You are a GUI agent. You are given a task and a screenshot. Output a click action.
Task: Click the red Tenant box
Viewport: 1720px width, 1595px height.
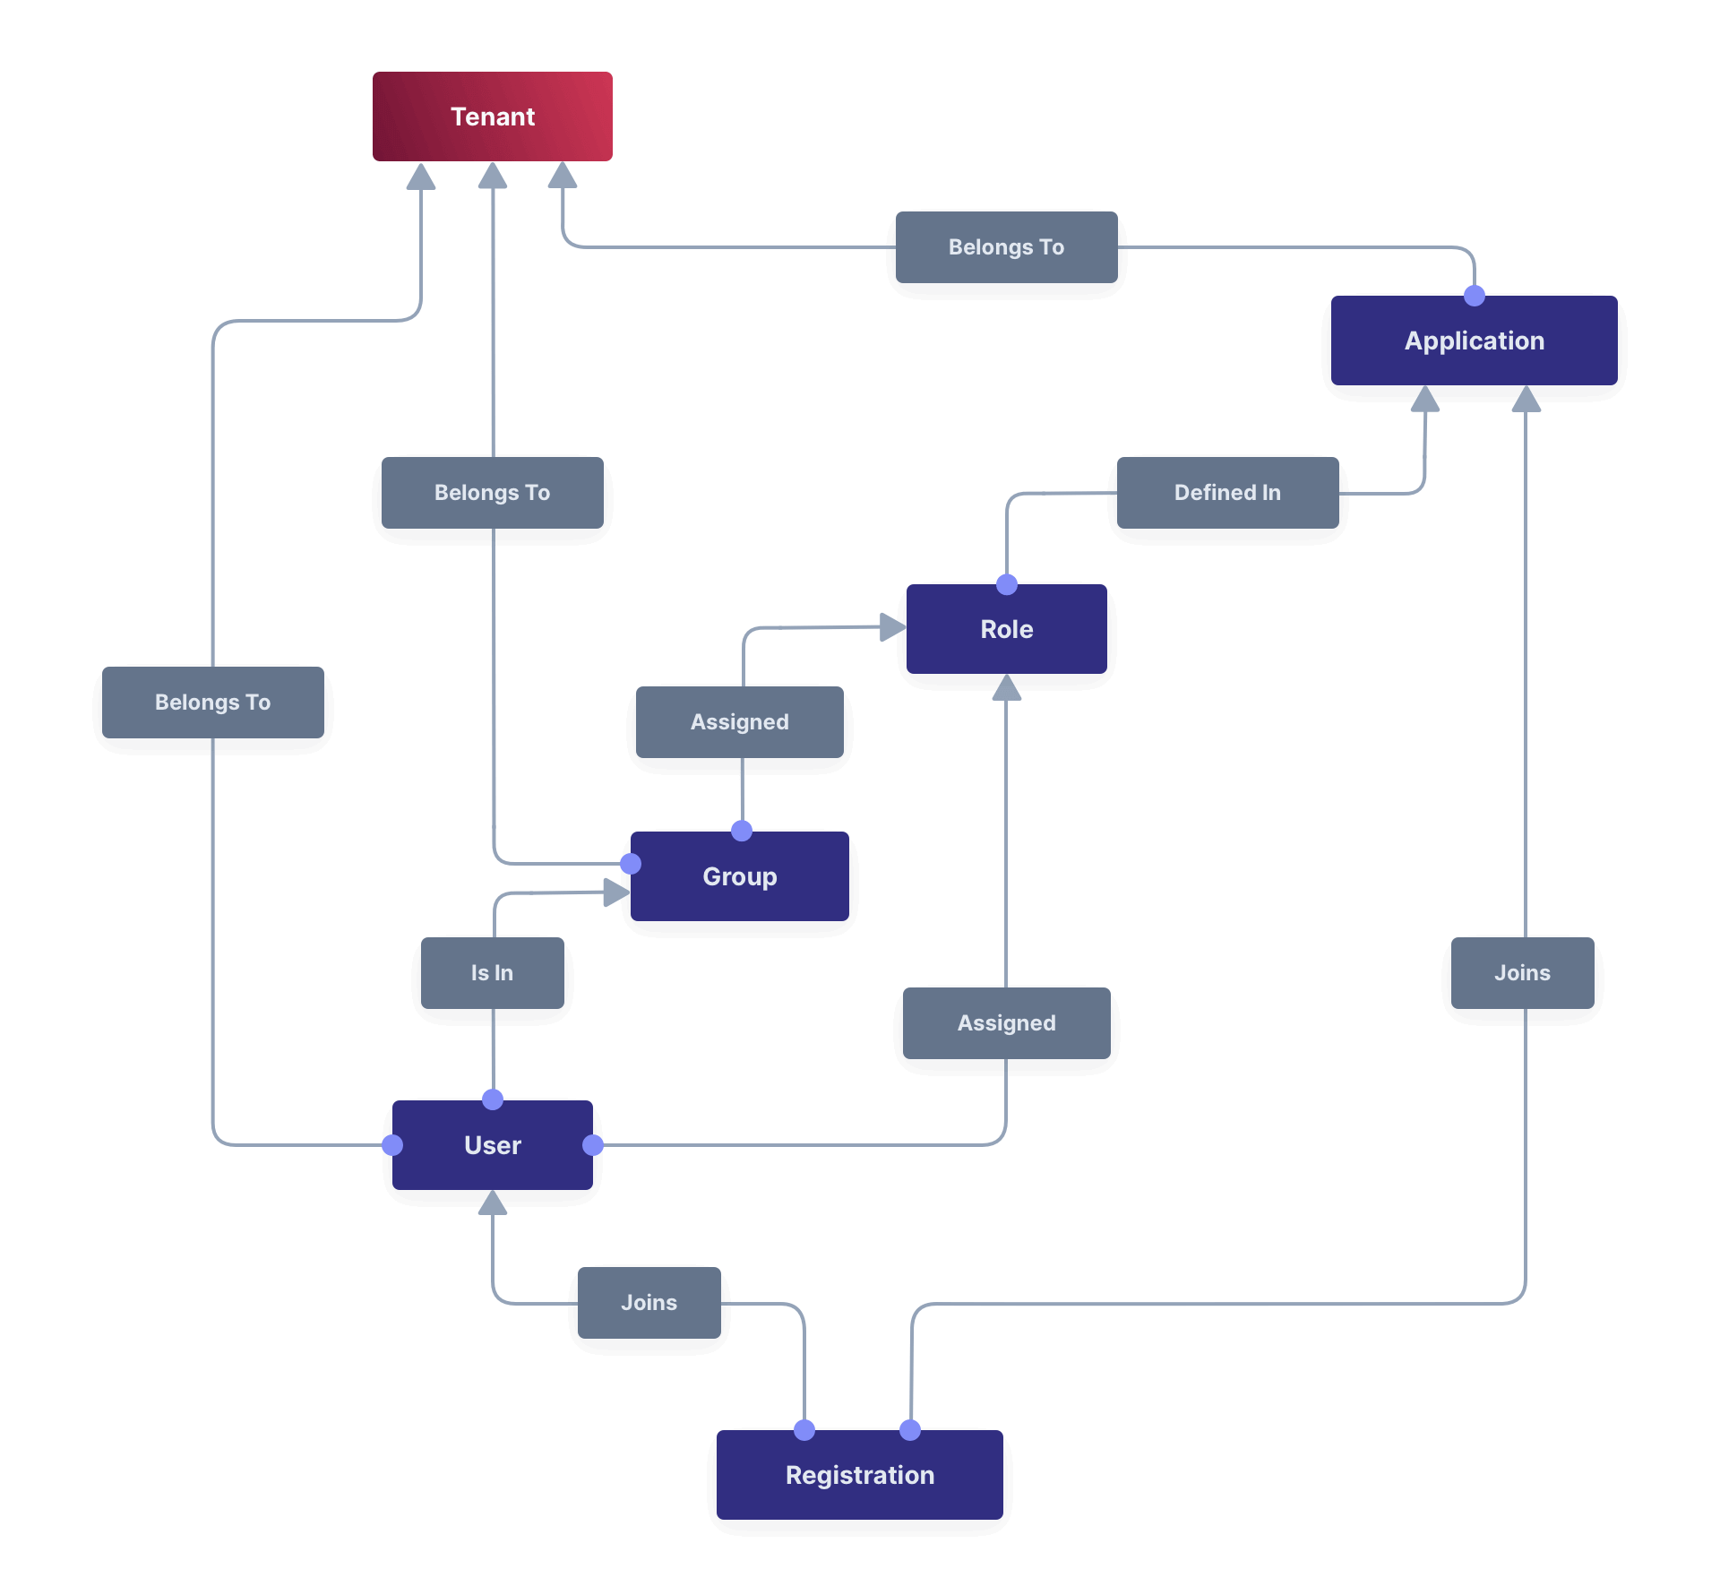pyautogui.click(x=492, y=116)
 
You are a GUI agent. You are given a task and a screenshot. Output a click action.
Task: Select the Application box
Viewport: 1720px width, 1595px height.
pyautogui.click(x=1474, y=341)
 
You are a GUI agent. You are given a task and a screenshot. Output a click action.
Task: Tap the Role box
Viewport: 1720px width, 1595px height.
pyautogui.click(x=1006, y=629)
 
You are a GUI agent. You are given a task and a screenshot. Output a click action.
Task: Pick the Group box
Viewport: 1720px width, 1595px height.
pyautogui.click(x=739, y=876)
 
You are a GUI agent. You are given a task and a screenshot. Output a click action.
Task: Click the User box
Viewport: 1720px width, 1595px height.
pyautogui.click(x=492, y=1145)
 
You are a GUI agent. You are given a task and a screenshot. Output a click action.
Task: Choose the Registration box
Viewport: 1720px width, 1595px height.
pyautogui.click(x=859, y=1475)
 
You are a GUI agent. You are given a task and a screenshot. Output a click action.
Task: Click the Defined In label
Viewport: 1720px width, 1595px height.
pyautogui.click(x=1227, y=493)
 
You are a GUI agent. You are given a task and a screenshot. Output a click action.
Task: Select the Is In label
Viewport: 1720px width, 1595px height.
pyautogui.click(x=492, y=973)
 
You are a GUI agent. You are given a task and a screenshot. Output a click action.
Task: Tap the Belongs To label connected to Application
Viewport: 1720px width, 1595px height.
pyautogui.click(x=1006, y=247)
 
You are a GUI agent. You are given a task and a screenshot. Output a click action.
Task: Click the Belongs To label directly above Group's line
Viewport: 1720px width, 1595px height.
pyautogui.click(x=492, y=493)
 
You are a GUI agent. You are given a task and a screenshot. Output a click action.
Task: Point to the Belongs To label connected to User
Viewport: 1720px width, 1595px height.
pyautogui.click(x=212, y=703)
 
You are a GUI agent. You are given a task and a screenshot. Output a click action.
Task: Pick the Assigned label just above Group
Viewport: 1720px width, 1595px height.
pyautogui.click(x=739, y=722)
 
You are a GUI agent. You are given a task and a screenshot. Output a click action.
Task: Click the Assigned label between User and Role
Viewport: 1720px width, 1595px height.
pyautogui.click(x=1006, y=1023)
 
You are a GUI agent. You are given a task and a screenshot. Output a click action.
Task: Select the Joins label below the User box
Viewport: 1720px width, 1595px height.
pyautogui.click(x=649, y=1303)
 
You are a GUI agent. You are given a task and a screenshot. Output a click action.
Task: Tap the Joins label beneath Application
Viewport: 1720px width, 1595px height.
pyautogui.click(x=1522, y=973)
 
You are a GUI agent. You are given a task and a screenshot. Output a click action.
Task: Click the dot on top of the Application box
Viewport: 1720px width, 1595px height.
pyautogui.click(x=1474, y=296)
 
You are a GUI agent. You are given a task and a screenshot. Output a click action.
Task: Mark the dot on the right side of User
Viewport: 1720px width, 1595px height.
pyautogui.click(x=593, y=1145)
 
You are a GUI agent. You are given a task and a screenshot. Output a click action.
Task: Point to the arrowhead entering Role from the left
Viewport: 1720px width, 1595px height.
pyautogui.click(x=892, y=627)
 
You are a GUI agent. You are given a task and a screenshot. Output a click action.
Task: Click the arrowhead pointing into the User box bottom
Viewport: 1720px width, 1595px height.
pyautogui.click(x=492, y=1203)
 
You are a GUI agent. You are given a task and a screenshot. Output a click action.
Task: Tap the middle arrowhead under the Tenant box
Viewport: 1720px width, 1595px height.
pyautogui.click(x=492, y=177)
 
